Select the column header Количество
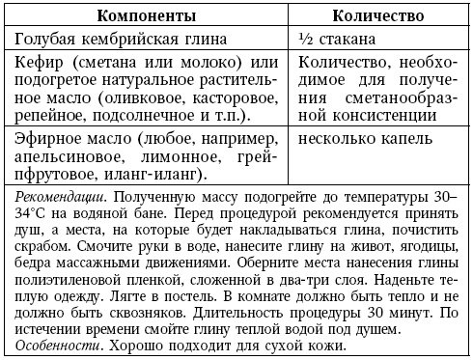tap(381, 17)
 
